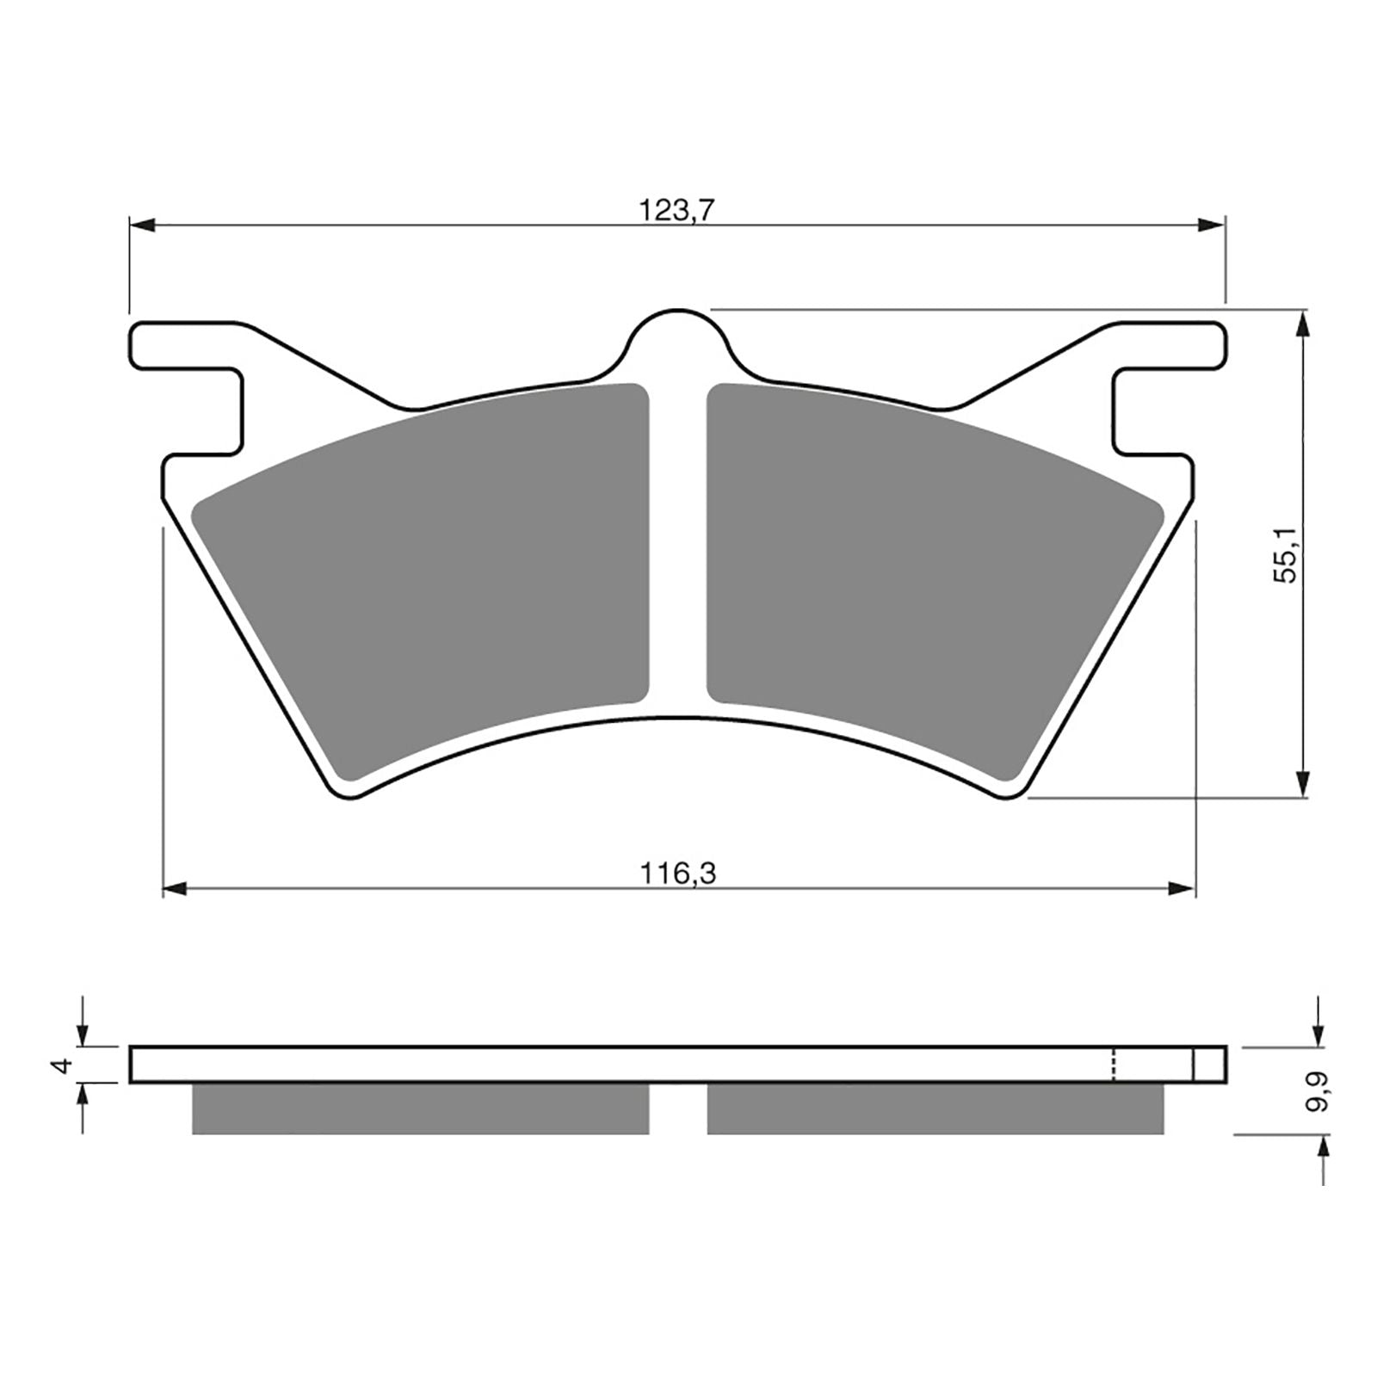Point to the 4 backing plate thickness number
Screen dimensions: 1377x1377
click(59, 1065)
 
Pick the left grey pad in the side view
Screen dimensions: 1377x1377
click(420, 1108)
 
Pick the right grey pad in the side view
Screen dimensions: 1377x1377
click(934, 1108)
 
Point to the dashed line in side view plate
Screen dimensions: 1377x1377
click(1115, 1065)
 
